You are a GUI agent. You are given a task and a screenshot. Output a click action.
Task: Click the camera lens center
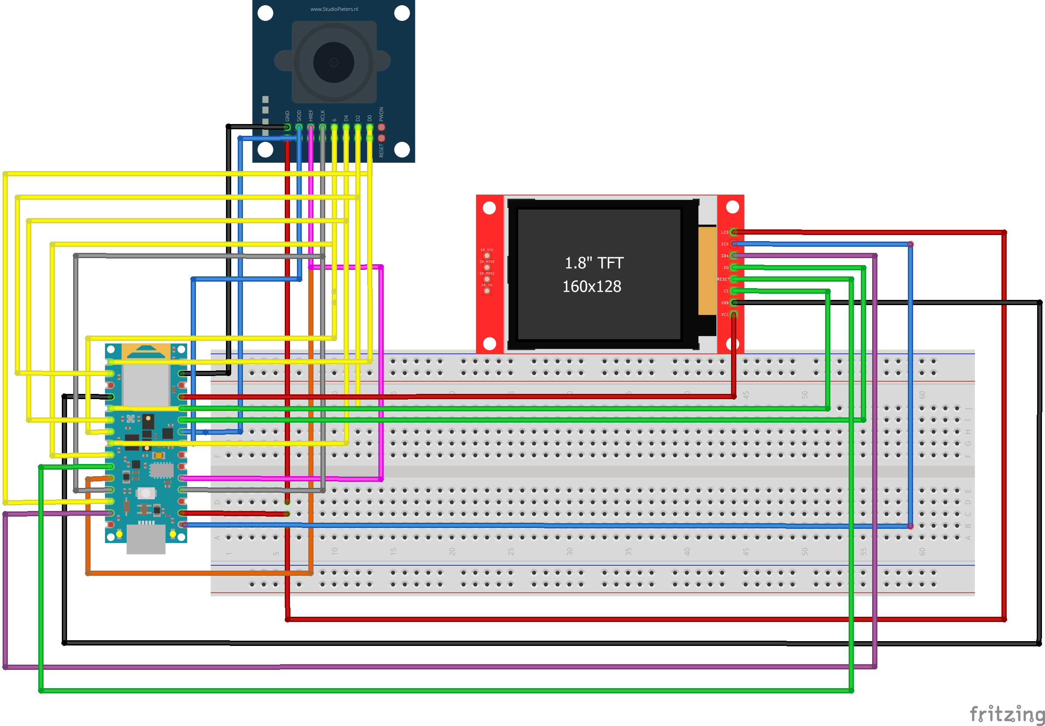point(334,62)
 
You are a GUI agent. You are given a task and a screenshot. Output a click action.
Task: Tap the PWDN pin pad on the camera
point(381,128)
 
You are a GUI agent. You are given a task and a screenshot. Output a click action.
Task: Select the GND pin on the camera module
point(287,128)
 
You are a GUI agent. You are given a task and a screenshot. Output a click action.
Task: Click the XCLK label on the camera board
point(323,115)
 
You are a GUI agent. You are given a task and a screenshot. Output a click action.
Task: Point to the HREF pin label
point(311,115)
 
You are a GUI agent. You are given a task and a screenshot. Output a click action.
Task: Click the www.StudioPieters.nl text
point(334,9)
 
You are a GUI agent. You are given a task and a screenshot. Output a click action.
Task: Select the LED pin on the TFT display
point(733,232)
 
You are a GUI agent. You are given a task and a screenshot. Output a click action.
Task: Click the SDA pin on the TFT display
point(733,255)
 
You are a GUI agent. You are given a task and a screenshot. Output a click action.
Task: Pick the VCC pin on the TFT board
point(733,314)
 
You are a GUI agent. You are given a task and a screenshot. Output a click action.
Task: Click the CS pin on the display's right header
point(733,291)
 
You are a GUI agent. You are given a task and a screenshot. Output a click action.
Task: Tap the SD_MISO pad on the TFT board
point(487,267)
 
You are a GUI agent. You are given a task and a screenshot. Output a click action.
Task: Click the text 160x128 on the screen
point(591,286)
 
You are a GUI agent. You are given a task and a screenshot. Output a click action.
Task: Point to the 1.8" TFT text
point(594,263)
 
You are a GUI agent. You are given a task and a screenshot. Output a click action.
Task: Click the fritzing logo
point(1006,714)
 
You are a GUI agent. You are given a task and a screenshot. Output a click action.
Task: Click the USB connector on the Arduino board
point(145,539)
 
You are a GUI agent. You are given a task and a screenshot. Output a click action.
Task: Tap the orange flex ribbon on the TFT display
point(707,271)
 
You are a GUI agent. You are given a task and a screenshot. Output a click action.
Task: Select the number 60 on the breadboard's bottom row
point(922,551)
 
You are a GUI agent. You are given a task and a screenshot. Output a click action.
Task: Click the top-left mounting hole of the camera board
point(265,13)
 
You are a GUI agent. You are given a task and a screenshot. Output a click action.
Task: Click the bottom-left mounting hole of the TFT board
point(489,343)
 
